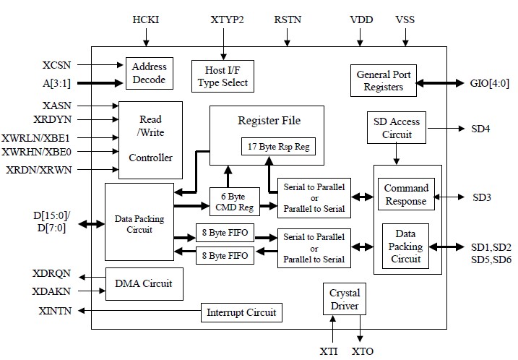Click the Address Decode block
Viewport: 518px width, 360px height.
[x=150, y=72]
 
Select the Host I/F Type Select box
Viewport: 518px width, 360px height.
[x=223, y=75]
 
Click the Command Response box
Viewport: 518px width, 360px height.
[x=406, y=194]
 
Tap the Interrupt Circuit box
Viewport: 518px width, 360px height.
[x=241, y=313]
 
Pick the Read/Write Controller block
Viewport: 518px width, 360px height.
[x=150, y=138]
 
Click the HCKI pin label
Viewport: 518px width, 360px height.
[x=146, y=20]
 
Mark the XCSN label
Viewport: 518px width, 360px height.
[x=56, y=65]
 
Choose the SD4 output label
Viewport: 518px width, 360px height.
[x=481, y=129]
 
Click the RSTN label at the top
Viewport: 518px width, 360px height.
[x=288, y=20]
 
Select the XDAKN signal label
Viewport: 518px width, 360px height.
[x=52, y=291]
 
